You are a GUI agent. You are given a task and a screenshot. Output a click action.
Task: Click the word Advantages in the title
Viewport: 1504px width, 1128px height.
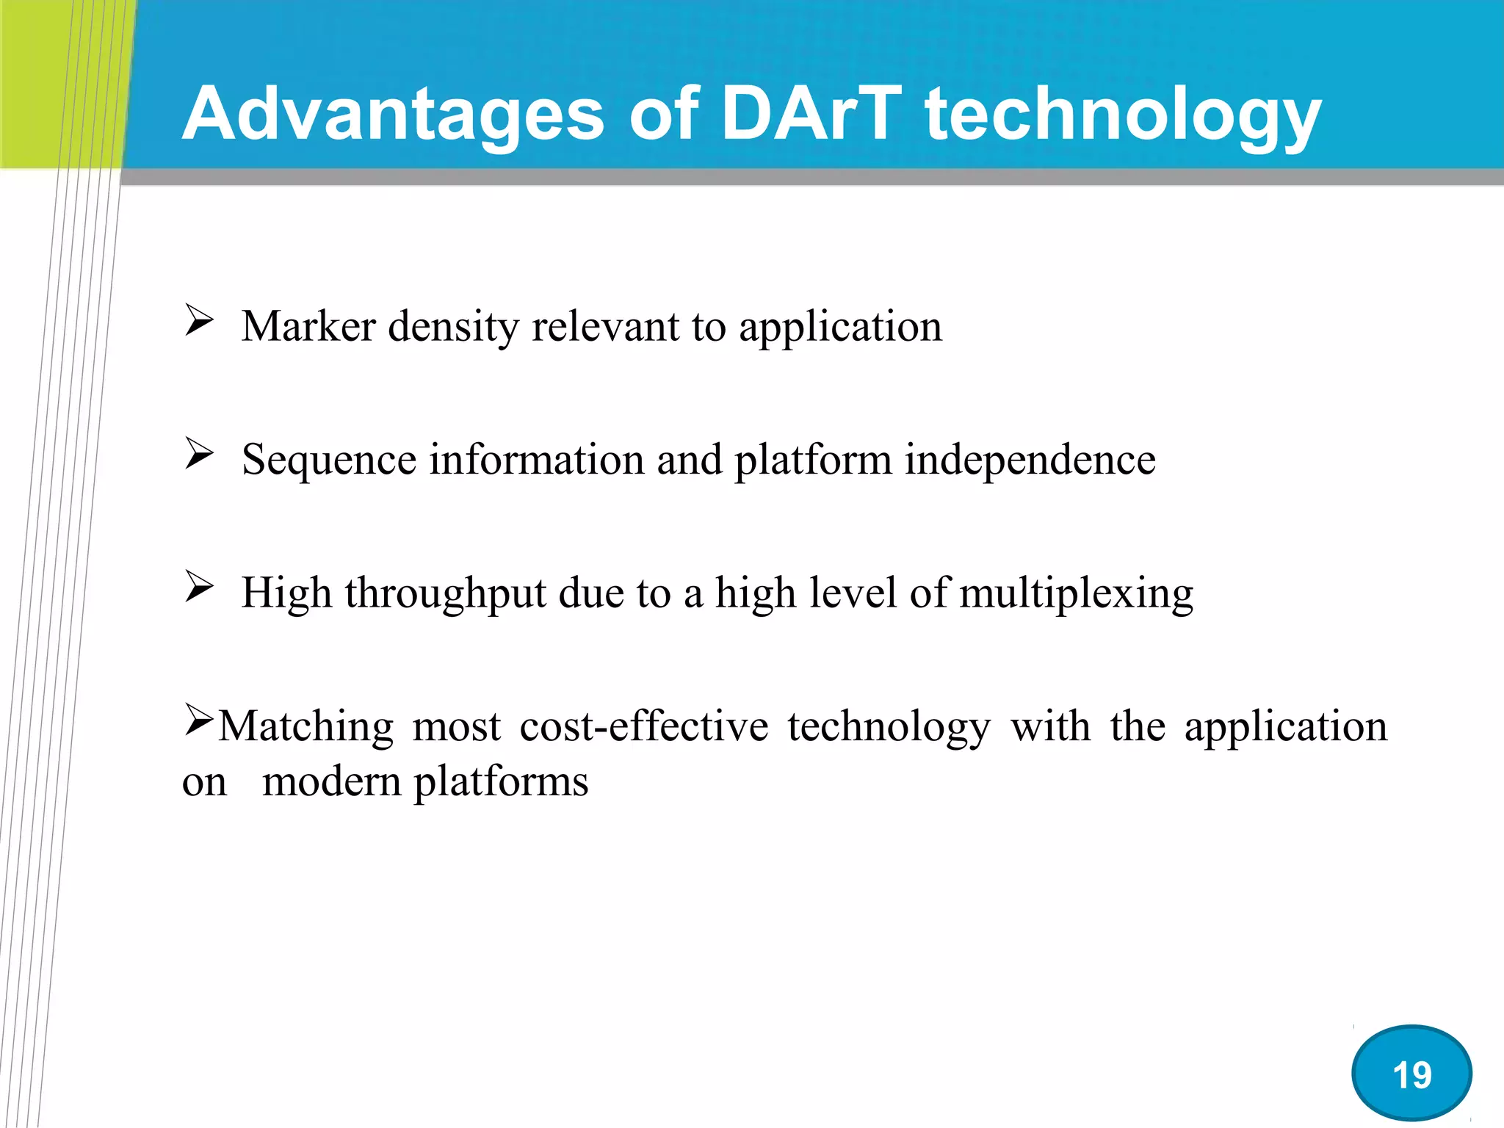point(393,114)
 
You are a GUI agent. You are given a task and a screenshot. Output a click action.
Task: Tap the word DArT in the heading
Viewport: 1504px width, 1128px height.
point(811,114)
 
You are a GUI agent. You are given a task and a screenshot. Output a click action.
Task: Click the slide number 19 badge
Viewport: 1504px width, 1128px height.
point(1411,1074)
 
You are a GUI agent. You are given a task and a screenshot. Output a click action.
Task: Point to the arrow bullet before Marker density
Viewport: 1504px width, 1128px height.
point(198,321)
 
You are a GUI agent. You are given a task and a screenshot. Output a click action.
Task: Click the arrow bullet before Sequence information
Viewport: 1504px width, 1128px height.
point(198,454)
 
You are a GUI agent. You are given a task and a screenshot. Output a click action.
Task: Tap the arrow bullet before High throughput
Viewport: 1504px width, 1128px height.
point(198,587)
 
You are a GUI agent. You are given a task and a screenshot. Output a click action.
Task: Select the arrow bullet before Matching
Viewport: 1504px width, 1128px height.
point(198,720)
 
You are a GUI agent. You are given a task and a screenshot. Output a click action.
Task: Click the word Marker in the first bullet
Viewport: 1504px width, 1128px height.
point(308,326)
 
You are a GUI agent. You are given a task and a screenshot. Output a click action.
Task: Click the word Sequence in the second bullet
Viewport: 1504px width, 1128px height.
point(329,460)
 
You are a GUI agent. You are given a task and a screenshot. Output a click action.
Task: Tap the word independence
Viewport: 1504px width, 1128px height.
point(1030,460)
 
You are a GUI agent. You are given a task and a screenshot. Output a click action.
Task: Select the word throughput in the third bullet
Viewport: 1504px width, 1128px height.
point(445,594)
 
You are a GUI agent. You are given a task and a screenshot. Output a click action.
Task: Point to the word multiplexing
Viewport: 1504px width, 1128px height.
point(1076,594)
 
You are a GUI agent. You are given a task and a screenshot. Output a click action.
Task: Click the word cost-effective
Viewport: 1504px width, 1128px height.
point(644,726)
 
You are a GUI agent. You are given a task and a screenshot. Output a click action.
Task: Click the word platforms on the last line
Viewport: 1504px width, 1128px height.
point(502,783)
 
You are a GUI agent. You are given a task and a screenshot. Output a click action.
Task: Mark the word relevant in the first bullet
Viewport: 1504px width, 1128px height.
point(605,326)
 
